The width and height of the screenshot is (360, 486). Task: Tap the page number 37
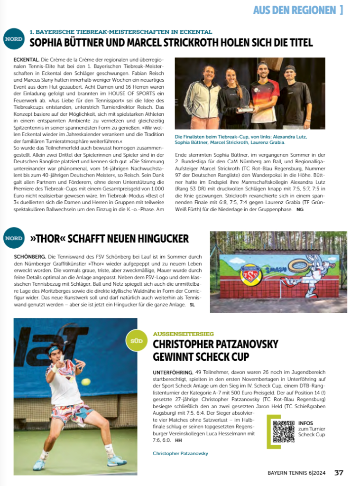pyautogui.click(x=339, y=473)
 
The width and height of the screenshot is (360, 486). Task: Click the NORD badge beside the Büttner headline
pyautogui.click(x=14, y=39)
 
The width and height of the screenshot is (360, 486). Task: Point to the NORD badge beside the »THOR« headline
pyautogui.click(x=14, y=238)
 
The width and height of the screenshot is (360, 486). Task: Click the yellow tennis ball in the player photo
pyautogui.click(x=85, y=381)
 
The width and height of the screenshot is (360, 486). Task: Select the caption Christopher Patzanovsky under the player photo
pyautogui.click(x=180, y=453)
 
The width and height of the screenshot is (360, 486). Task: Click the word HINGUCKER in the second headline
pyautogui.click(x=159, y=238)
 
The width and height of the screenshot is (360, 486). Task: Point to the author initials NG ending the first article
pyautogui.click(x=299, y=209)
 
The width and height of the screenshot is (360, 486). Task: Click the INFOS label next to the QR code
pyautogui.click(x=306, y=422)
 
